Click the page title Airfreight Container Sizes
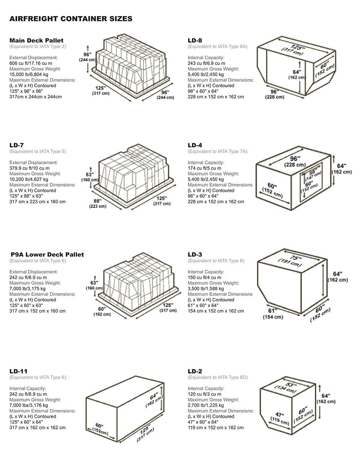71,19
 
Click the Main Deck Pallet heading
37,40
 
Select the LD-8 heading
195,40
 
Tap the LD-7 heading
17,145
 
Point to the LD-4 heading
195,145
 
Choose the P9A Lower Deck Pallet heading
47,254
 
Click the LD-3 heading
195,254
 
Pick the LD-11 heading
18,371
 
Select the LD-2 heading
195,371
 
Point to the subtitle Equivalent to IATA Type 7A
217,151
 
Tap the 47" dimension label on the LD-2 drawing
280,415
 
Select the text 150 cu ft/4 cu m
204,277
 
